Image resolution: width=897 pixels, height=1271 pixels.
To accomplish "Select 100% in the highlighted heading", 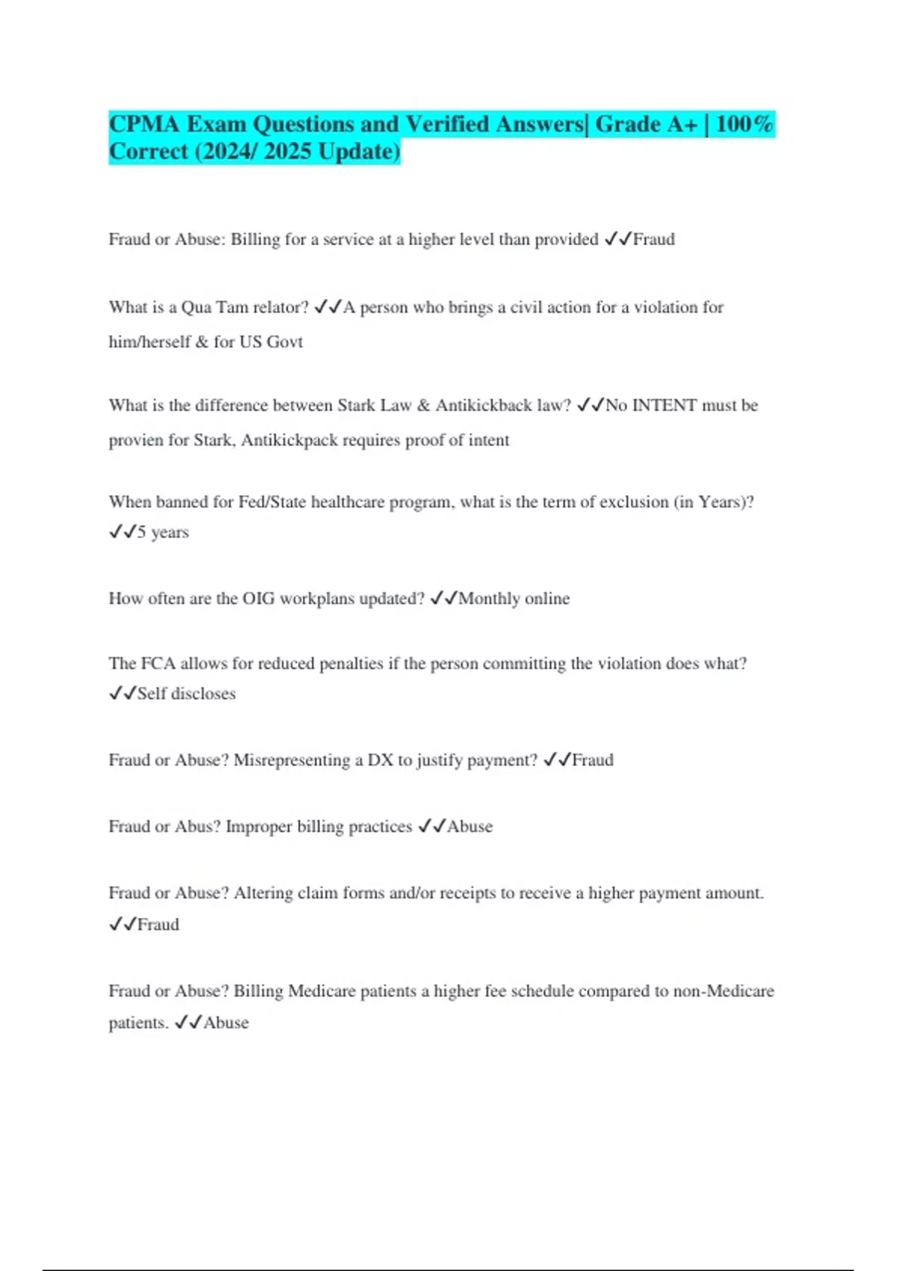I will click(x=744, y=124).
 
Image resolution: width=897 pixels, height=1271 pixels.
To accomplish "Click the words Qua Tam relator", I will click(x=245, y=307).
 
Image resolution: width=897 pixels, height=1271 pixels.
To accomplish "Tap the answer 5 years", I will click(x=163, y=532).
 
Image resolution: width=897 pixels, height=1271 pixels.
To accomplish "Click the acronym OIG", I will click(x=259, y=599).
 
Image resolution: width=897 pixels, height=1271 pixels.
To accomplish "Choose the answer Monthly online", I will click(x=514, y=599).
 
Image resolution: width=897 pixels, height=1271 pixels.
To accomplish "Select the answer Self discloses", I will click(x=186, y=694).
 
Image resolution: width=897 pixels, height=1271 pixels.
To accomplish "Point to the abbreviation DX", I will click(x=380, y=760).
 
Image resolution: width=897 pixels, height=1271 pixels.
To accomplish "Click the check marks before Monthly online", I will click(x=444, y=599).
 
